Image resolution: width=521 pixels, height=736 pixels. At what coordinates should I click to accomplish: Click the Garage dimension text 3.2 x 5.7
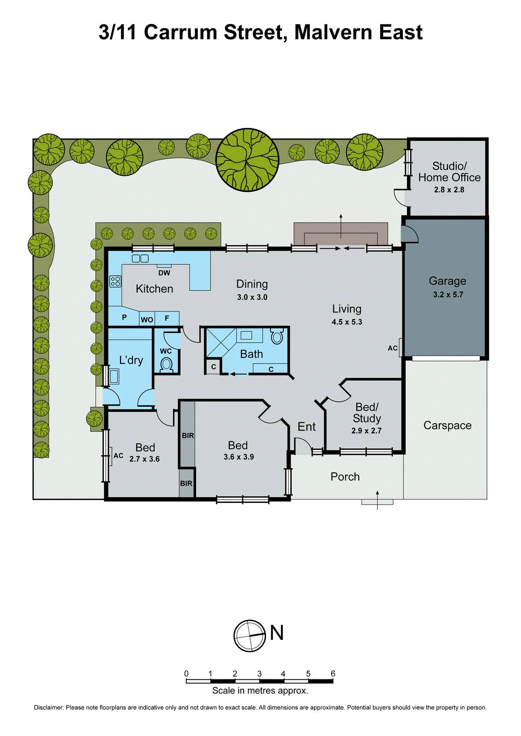pyautogui.click(x=448, y=294)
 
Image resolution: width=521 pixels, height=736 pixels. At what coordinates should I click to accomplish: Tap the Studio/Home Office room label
pyautogui.click(x=449, y=172)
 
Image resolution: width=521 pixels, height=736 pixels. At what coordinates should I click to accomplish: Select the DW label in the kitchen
pyautogui.click(x=164, y=273)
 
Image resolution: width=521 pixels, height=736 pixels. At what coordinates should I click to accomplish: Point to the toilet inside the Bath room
pyautogui.click(x=277, y=336)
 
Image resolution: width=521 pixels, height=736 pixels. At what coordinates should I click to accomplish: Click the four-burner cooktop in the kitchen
pyautogui.click(x=115, y=281)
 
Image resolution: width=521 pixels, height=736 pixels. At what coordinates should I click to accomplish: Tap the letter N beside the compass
pyautogui.click(x=277, y=633)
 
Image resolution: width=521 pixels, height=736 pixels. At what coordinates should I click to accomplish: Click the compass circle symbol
pyautogui.click(x=250, y=636)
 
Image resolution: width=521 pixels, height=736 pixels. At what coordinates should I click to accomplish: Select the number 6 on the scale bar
pyautogui.click(x=333, y=673)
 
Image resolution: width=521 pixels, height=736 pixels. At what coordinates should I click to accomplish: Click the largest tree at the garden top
pyautogui.click(x=247, y=160)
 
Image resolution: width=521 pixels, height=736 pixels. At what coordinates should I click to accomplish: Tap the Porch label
pyautogui.click(x=345, y=477)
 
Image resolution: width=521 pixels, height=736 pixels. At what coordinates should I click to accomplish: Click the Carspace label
pyautogui.click(x=447, y=425)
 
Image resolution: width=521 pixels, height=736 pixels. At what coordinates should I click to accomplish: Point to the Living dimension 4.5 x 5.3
pyautogui.click(x=347, y=322)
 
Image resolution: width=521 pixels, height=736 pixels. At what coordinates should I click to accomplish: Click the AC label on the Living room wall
pyautogui.click(x=392, y=348)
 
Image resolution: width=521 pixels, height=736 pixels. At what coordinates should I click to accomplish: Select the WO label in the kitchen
pyautogui.click(x=147, y=320)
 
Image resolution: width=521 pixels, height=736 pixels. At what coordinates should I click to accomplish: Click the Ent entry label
pyautogui.click(x=306, y=427)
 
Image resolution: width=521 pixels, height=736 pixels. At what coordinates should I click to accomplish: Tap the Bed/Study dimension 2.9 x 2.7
pyautogui.click(x=366, y=431)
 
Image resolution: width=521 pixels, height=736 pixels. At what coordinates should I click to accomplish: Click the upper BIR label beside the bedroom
pyautogui.click(x=188, y=435)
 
